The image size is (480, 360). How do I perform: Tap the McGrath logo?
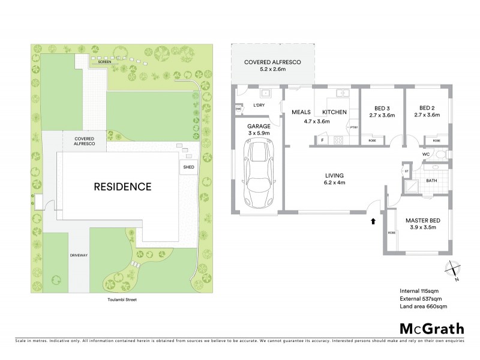point(431,329)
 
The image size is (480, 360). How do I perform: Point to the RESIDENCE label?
point(122,186)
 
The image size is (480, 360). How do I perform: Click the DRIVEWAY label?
point(79,255)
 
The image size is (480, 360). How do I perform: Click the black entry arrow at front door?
point(373,221)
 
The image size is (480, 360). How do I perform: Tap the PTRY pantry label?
point(354,127)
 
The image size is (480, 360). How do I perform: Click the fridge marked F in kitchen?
point(322,141)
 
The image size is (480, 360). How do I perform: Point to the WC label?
point(427,154)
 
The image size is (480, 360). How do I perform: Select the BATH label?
point(431,180)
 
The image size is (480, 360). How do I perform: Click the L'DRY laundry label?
point(259,106)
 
